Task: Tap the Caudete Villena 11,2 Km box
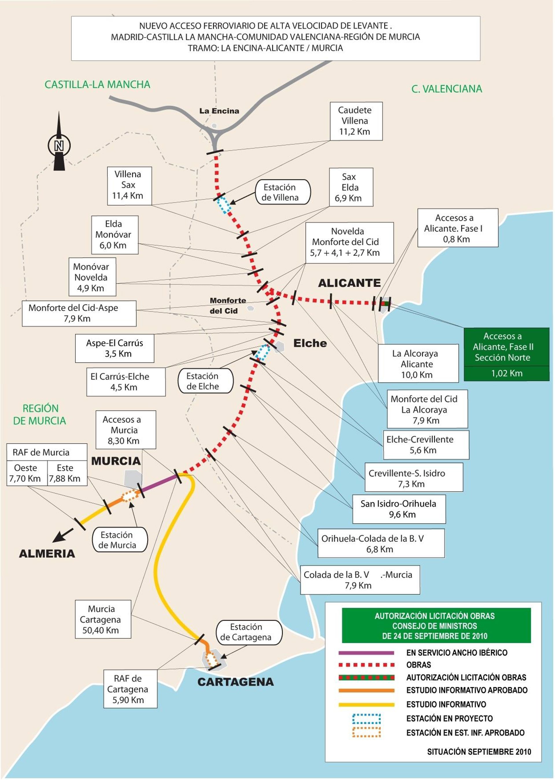[x=356, y=121]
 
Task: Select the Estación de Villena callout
[x=283, y=192]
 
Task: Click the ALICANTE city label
[x=349, y=283]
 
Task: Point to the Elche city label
[x=310, y=343]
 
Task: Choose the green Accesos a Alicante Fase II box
[x=506, y=354]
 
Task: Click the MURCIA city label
[x=116, y=461]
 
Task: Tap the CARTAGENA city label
[x=236, y=682]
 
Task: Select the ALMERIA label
[x=47, y=553]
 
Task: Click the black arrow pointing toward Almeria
[x=63, y=535]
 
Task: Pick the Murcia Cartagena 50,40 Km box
[x=103, y=619]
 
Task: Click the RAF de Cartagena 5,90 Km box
[x=130, y=689]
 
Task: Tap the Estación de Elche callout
[x=206, y=381]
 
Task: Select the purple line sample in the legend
[x=366, y=653]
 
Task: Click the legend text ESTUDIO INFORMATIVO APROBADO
[x=467, y=690]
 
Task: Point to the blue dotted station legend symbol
[x=366, y=718]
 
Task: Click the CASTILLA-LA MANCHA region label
[x=97, y=84]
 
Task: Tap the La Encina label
[x=219, y=111]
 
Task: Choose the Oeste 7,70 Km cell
[x=26, y=473]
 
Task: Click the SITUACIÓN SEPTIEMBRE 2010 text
[x=479, y=751]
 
